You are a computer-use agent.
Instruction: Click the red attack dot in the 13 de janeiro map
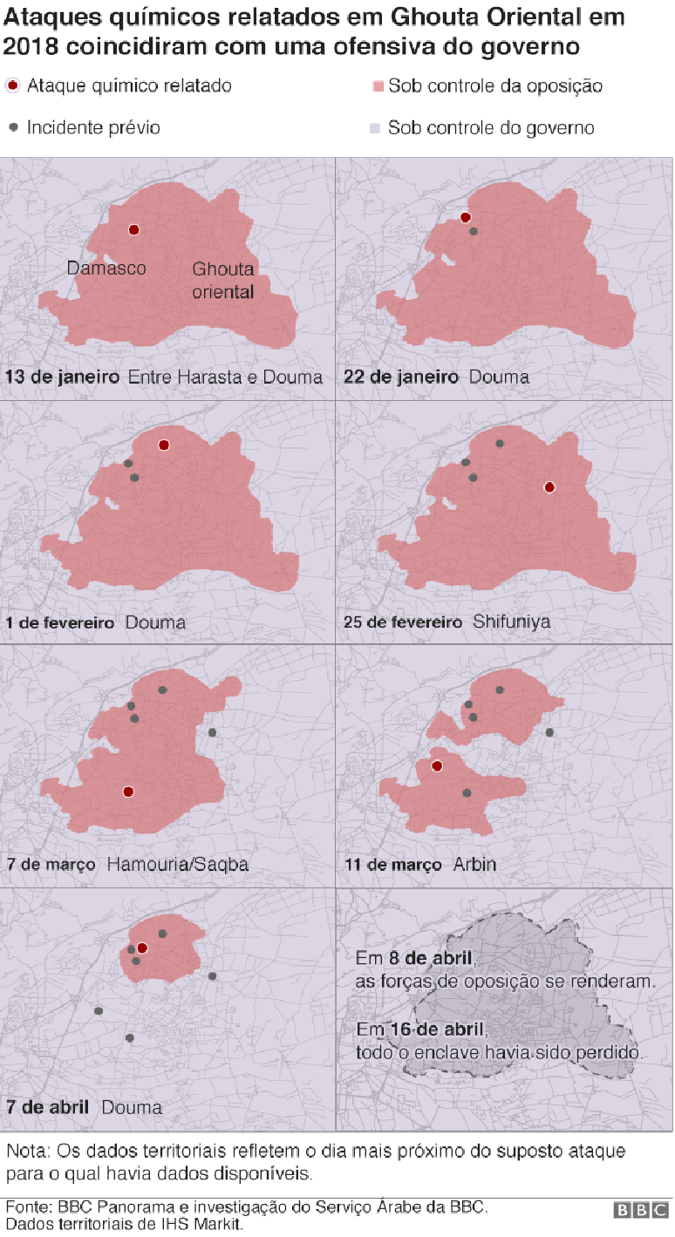click(x=134, y=230)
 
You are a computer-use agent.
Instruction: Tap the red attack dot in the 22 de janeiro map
click(x=466, y=218)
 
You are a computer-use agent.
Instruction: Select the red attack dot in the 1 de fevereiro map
click(x=164, y=445)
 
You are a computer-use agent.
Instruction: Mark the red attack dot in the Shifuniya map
click(x=549, y=487)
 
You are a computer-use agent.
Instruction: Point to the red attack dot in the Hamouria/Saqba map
click(x=128, y=792)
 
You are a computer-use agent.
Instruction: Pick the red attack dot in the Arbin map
click(x=437, y=766)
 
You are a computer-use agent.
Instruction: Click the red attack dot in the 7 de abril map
click(x=142, y=948)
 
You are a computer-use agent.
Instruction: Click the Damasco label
click(x=106, y=268)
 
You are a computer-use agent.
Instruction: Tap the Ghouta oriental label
click(x=223, y=281)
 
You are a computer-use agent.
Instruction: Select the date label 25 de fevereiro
click(x=404, y=622)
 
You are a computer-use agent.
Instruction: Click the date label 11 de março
click(x=393, y=865)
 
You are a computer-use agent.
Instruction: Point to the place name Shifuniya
click(x=512, y=622)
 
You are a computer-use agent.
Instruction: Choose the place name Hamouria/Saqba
click(x=178, y=865)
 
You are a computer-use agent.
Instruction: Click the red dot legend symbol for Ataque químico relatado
click(x=12, y=85)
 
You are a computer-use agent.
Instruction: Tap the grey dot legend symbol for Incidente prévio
click(x=13, y=127)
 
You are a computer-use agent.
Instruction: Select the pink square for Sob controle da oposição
click(x=378, y=86)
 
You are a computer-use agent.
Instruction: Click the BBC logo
click(x=641, y=1211)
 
